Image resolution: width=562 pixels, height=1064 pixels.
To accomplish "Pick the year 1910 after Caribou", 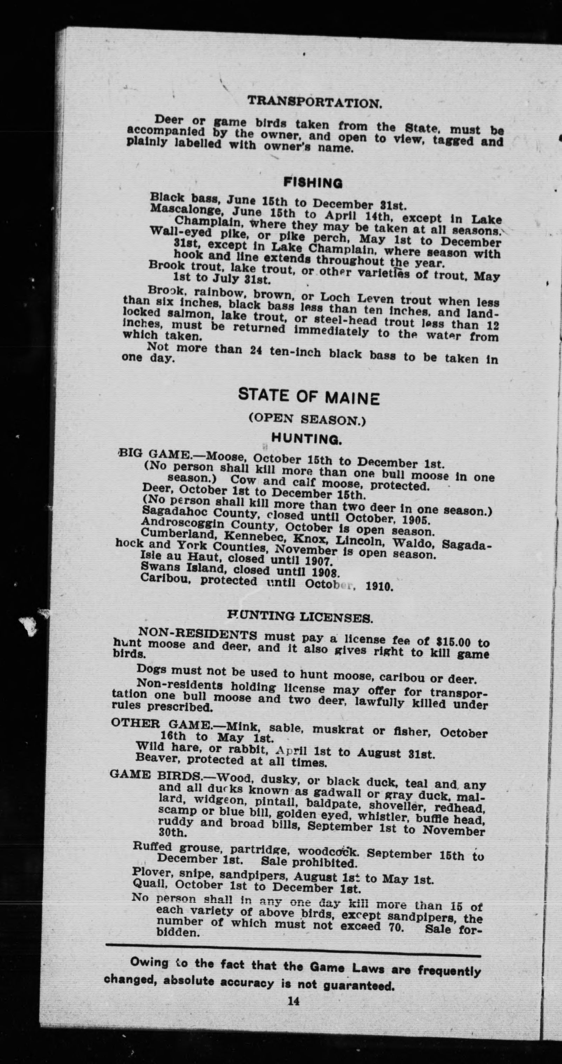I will [379, 587].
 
